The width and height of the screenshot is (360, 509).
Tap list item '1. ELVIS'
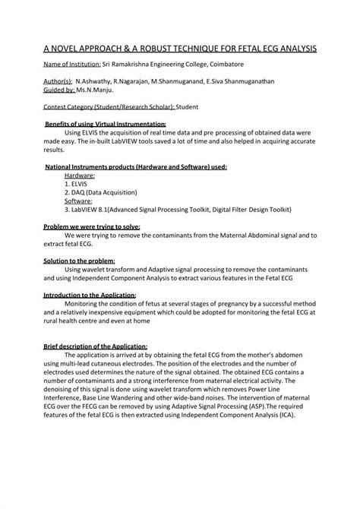tap(77, 183)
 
